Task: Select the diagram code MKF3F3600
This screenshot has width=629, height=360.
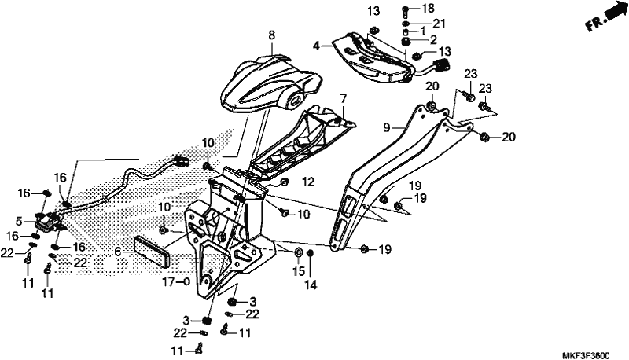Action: (x=586, y=356)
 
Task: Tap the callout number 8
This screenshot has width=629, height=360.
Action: (x=272, y=35)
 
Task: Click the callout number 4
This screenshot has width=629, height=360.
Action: (x=317, y=46)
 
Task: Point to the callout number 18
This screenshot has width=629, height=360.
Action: (x=429, y=8)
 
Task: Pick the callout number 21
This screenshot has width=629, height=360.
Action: (x=439, y=24)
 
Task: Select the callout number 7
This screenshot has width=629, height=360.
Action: (x=343, y=98)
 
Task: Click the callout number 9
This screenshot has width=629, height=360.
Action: (x=386, y=127)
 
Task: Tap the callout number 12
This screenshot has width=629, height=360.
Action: (x=308, y=182)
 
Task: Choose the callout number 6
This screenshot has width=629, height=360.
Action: (x=117, y=252)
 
